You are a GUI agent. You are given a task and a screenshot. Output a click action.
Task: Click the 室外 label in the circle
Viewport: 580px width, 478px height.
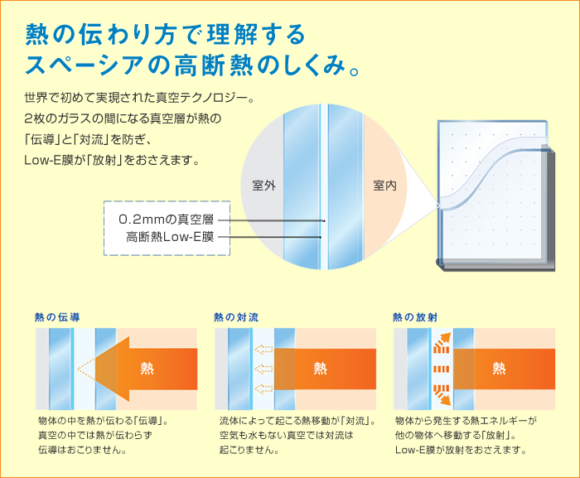click(263, 186)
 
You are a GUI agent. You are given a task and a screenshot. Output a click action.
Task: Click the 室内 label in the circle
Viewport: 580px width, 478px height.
click(384, 186)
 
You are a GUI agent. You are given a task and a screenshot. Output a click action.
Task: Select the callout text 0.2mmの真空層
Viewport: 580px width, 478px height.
click(166, 220)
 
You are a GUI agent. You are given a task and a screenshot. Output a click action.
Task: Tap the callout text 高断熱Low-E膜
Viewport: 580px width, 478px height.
click(170, 237)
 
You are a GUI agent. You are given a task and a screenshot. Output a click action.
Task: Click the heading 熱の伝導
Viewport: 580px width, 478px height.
click(57, 317)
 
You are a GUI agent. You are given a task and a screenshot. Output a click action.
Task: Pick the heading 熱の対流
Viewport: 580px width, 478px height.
click(236, 317)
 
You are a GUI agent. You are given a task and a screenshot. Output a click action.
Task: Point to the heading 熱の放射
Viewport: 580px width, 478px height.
click(415, 317)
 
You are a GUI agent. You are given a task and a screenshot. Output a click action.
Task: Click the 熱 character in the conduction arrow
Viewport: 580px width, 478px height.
click(147, 368)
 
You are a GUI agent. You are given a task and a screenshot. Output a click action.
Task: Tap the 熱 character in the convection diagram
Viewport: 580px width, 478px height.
click(321, 368)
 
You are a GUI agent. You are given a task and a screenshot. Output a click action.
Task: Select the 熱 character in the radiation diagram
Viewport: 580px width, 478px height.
click(499, 368)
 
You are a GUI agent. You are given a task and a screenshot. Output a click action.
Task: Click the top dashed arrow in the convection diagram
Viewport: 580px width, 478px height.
click(263, 350)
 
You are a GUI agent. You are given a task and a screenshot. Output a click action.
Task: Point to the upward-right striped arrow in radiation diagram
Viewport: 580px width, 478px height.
click(442, 343)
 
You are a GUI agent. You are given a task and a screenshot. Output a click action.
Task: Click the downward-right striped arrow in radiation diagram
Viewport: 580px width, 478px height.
click(442, 395)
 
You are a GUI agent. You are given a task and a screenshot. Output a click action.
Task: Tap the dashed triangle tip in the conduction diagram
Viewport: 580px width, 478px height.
click(78, 369)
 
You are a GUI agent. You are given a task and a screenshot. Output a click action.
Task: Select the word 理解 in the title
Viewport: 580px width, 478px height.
click(231, 35)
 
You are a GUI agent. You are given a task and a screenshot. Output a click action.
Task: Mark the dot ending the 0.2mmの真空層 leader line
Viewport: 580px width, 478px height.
click(324, 221)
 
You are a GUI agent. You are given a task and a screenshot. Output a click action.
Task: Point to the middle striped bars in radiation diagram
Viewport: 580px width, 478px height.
click(442, 369)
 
